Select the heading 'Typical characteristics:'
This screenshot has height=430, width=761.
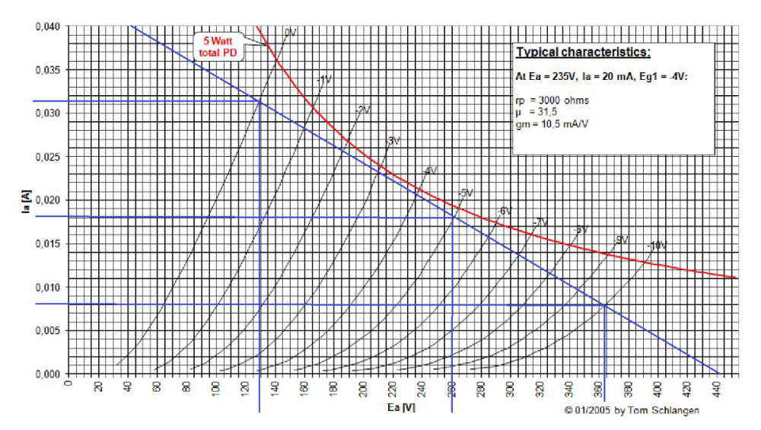pos(583,53)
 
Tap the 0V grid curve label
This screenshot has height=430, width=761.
pos(290,32)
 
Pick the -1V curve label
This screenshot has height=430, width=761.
pos(325,79)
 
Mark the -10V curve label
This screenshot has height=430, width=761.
pos(656,246)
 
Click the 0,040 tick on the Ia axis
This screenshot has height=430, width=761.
pos(46,27)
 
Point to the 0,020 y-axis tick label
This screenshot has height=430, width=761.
pos(46,200)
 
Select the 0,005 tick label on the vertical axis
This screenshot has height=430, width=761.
pos(46,331)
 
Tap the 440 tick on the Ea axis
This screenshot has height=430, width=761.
pos(716,391)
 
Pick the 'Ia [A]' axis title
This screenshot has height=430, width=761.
pos(26,201)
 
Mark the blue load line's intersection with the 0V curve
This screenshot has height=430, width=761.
pos(260,101)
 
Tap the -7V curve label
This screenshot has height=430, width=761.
pos(540,221)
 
